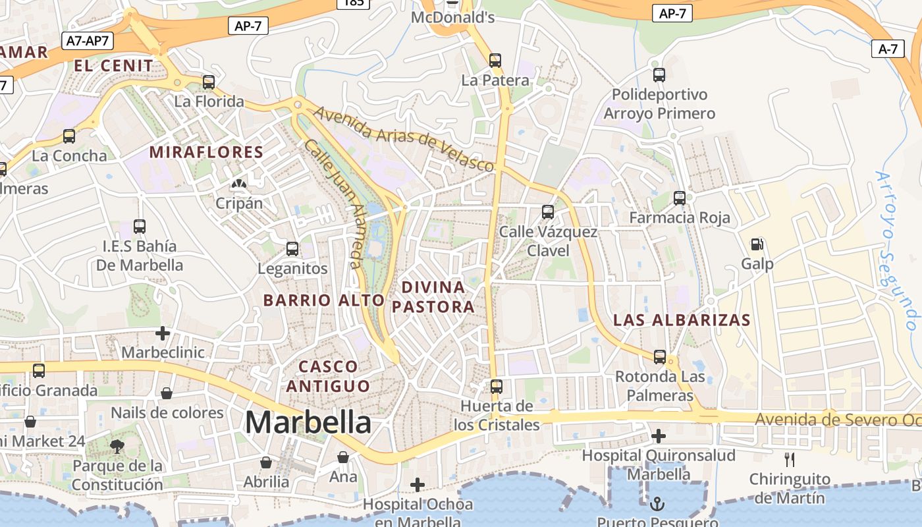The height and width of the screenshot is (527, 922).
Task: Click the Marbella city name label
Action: click(x=308, y=422)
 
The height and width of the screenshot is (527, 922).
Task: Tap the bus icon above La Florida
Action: click(x=209, y=82)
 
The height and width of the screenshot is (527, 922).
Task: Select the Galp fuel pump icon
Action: click(x=757, y=244)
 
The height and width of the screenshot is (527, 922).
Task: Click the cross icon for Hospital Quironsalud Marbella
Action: click(x=658, y=436)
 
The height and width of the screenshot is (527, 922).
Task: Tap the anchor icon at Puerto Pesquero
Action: click(x=657, y=505)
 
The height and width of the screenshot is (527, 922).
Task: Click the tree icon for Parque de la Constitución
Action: click(x=117, y=447)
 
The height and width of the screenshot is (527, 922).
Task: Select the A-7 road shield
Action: click(x=887, y=49)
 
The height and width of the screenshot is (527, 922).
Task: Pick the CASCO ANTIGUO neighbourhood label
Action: click(x=328, y=375)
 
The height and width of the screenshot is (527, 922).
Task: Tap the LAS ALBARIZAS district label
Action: click(x=682, y=320)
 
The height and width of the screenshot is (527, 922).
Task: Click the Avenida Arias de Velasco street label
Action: click(x=403, y=138)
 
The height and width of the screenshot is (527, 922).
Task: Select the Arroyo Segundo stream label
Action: click(x=896, y=250)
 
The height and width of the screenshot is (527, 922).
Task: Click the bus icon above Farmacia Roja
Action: click(x=680, y=198)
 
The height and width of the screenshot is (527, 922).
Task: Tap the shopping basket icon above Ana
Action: click(x=343, y=457)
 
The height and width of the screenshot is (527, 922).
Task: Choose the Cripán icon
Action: click(x=239, y=184)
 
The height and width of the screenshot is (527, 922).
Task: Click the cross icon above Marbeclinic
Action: click(x=163, y=333)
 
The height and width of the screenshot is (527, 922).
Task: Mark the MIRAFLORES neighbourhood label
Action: click(x=206, y=152)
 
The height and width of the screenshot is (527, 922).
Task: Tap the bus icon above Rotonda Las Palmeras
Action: click(x=660, y=357)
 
